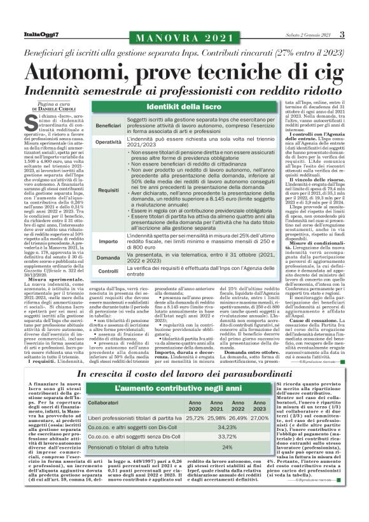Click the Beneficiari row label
pos(108,125)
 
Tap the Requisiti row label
pos(108,190)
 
